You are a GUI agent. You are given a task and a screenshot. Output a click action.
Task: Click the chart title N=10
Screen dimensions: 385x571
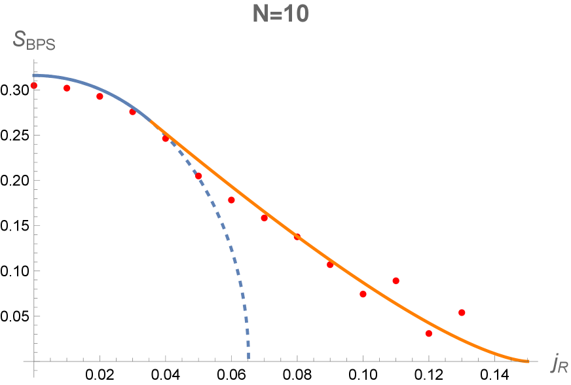[x=280, y=14]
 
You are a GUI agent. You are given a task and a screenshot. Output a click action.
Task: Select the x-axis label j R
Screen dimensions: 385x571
[x=559, y=362]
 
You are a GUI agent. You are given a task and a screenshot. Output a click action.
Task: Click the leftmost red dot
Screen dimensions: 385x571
[x=34, y=85]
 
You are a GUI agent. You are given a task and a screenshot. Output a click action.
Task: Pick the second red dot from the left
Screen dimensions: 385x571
[x=67, y=88]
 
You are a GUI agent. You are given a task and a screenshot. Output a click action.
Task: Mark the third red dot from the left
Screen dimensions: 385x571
[x=100, y=96]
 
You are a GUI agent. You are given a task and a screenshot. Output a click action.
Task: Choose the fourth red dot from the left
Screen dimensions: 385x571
[x=132, y=112]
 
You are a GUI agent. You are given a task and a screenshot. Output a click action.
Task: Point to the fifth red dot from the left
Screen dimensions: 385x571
[x=165, y=138]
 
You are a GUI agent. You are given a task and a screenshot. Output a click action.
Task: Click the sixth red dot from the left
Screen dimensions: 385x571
[x=198, y=175]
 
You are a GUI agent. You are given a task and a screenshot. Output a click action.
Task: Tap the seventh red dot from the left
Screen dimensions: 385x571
[x=231, y=200]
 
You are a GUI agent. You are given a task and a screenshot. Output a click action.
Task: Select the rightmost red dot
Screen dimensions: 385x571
[x=462, y=312]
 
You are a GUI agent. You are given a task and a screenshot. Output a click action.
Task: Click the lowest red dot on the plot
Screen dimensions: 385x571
[x=429, y=333]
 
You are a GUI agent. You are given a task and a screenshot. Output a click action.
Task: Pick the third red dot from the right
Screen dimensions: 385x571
[x=396, y=280]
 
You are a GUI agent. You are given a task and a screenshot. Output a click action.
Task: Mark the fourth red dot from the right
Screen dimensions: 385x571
[x=363, y=294]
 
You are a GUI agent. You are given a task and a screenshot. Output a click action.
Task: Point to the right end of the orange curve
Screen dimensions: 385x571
[x=528, y=361]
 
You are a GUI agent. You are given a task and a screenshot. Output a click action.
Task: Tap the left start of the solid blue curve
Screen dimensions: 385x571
[x=34, y=76]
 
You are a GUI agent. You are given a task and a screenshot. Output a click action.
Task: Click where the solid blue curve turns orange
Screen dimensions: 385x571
[x=151, y=121]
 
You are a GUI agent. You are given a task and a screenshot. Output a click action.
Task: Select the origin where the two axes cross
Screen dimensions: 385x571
[x=34, y=361]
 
